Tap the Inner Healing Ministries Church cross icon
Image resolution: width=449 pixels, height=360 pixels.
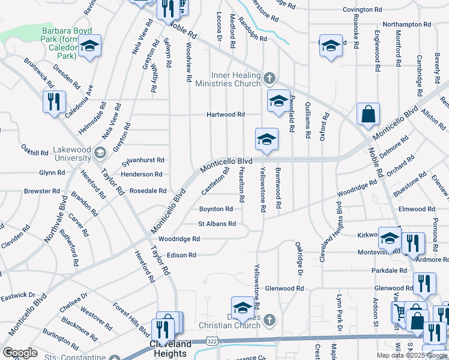[x=270, y=78]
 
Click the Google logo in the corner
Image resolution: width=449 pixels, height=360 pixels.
[x=20, y=353]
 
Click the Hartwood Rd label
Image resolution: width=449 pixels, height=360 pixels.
[x=225, y=114]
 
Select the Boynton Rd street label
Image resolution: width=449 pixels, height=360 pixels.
[x=215, y=209]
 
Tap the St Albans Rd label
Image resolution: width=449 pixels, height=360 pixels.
[x=217, y=224]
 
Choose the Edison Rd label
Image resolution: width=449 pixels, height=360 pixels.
[x=181, y=255]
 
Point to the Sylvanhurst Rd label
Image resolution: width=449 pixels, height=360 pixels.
[x=143, y=161]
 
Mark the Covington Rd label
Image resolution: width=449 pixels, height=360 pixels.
[x=362, y=10]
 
